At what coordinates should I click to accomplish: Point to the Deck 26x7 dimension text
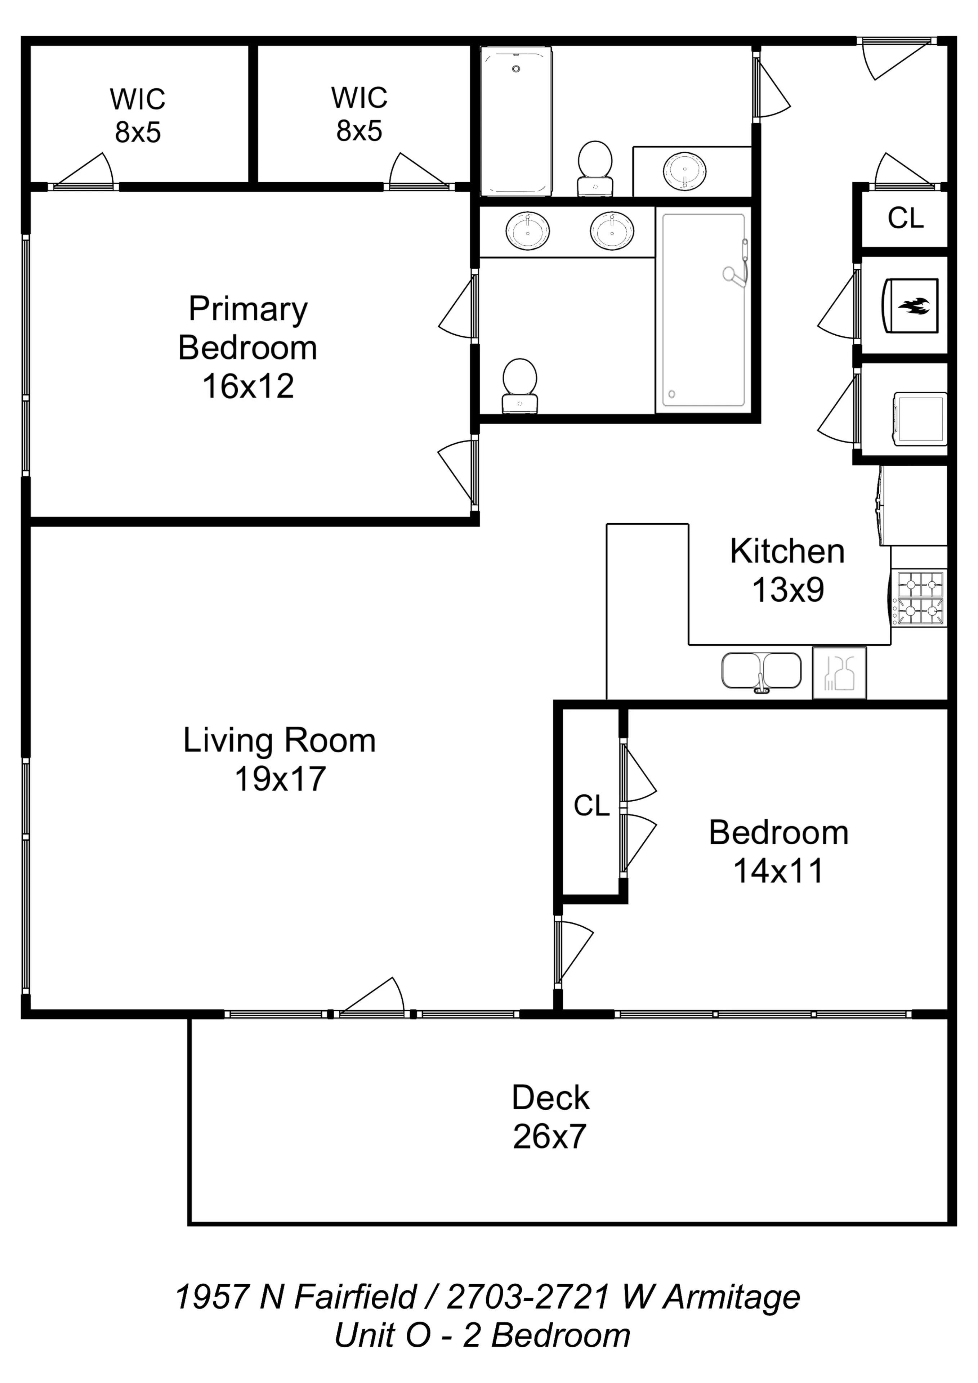[x=550, y=1137]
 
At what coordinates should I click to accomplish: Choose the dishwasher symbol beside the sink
[x=839, y=673]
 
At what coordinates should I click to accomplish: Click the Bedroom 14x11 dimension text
[x=778, y=871]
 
